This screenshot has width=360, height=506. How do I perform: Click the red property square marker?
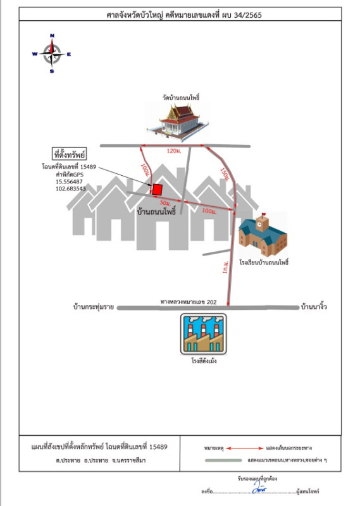click(158, 189)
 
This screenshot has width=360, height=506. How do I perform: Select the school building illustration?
click(263, 235)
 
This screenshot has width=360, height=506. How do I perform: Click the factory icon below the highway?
click(203, 334)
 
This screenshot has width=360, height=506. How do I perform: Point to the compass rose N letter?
click(52, 35)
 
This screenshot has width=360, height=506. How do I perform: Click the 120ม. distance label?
click(174, 151)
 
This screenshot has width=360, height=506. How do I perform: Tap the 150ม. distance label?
click(225, 175)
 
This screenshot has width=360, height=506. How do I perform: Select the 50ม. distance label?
click(165, 203)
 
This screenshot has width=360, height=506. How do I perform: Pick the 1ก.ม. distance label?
click(225, 267)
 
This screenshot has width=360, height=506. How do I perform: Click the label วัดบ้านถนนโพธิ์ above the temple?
click(181, 97)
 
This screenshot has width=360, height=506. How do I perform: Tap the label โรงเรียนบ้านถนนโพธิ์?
click(264, 262)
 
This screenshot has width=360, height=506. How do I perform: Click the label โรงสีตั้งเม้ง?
click(204, 361)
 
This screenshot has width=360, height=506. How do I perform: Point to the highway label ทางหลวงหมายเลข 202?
click(189, 302)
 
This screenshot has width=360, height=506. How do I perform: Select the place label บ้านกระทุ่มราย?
click(94, 307)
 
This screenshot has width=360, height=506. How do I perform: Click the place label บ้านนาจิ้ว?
click(314, 306)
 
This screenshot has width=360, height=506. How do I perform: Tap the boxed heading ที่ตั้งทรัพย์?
click(70, 154)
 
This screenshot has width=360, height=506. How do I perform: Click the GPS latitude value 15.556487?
click(69, 182)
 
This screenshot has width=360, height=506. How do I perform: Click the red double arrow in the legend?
click(245, 448)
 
